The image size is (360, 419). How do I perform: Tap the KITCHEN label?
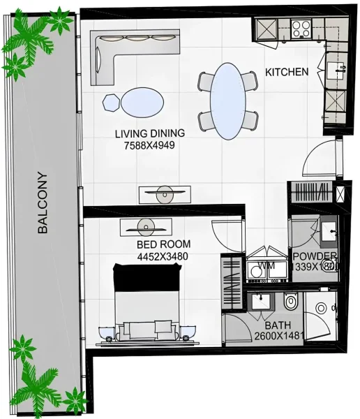tap(287, 72)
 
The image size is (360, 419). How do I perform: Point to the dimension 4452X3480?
tap(162, 256)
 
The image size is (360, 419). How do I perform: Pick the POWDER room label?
tap(315, 256)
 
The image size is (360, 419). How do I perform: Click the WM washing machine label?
tap(266, 266)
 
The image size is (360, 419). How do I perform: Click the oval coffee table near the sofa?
tap(144, 103)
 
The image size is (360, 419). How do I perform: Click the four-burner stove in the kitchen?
tap(301, 29)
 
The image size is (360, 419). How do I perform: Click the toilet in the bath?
tap(291, 302)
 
